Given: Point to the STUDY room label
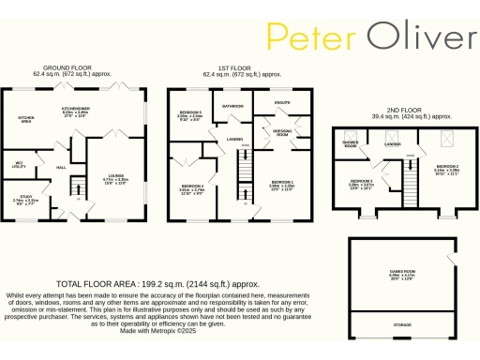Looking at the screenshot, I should point(26,200).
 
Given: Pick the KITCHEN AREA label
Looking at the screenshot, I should point(26,120).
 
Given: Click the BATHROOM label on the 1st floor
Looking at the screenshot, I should point(233,106).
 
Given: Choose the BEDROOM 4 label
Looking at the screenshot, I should point(192,187).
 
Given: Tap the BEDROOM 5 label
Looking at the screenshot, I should point(190,115).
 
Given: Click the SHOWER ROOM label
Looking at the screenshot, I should point(351,142).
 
